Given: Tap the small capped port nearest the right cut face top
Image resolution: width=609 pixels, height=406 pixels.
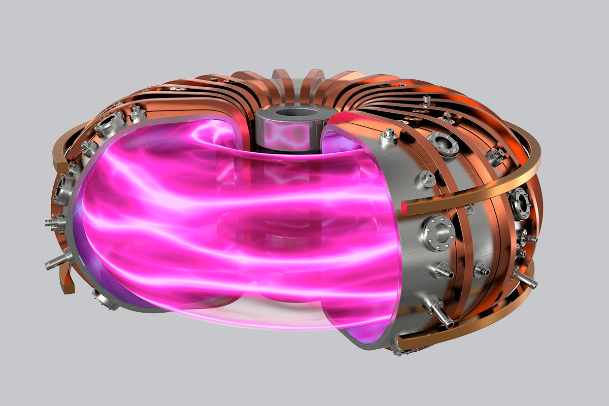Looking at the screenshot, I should [388, 136].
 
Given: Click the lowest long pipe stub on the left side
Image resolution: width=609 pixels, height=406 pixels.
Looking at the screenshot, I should [56, 261].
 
